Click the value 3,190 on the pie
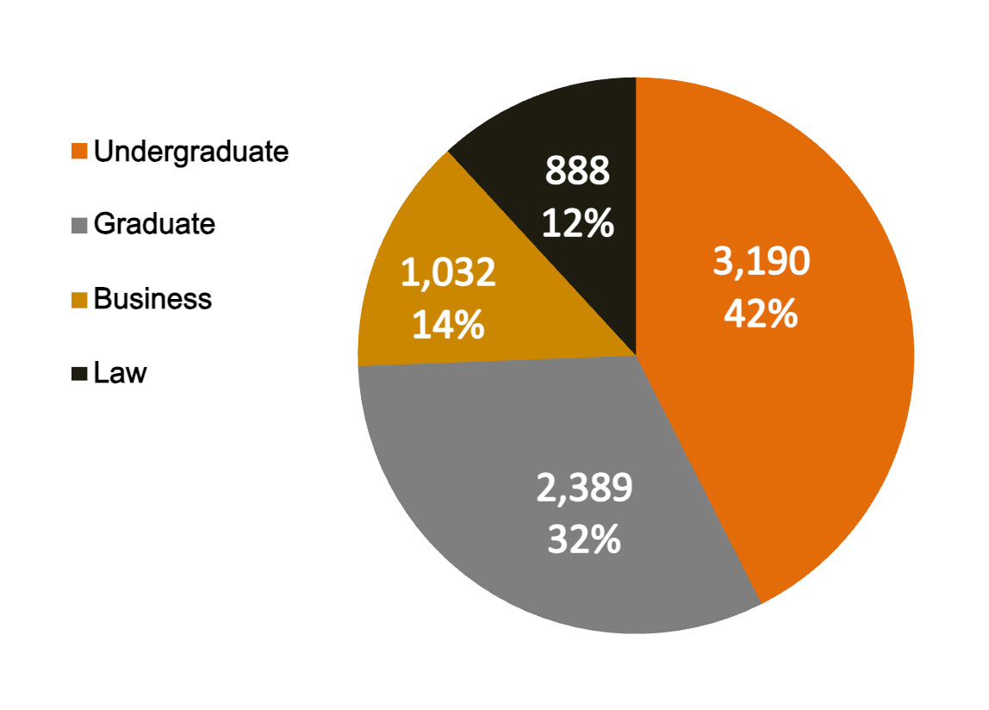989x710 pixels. [x=762, y=262]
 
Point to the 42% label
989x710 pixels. [x=762, y=315]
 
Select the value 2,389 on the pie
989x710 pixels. [x=584, y=489]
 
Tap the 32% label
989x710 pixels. [x=584, y=540]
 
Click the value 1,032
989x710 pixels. [x=448, y=273]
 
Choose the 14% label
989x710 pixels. [x=448, y=326]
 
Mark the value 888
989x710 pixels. [x=577, y=171]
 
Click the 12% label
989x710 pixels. [x=577, y=224]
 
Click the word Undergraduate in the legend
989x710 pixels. [x=191, y=152]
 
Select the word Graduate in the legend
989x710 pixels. [x=154, y=224]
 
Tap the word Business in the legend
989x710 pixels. [x=152, y=299]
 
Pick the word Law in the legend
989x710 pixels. [x=121, y=374]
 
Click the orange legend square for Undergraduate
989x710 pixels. [x=80, y=152]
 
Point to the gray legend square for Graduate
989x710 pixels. [x=80, y=226]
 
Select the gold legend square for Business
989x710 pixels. [x=80, y=300]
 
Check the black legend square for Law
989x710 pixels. [x=80, y=374]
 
